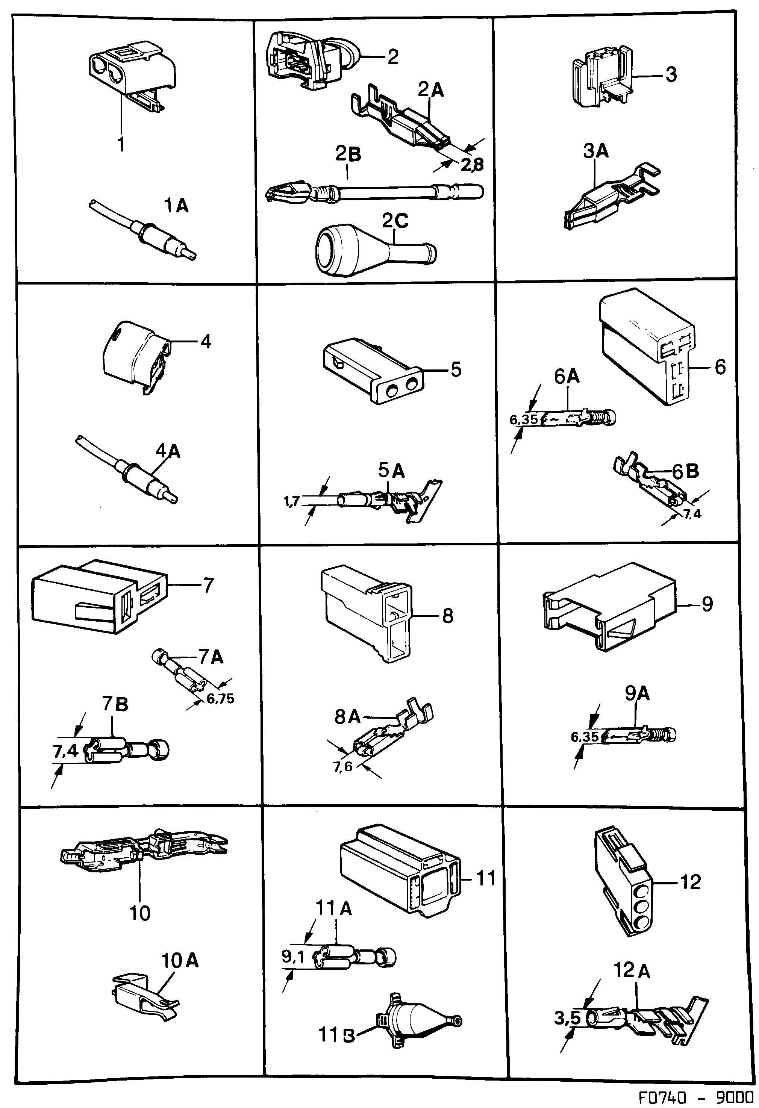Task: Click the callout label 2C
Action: click(x=395, y=222)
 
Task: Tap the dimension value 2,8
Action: click(x=472, y=165)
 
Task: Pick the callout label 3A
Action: click(x=596, y=151)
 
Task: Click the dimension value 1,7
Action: click(x=291, y=501)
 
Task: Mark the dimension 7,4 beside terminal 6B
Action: click(x=692, y=514)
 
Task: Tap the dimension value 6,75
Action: click(x=220, y=699)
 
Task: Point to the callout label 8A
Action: click(x=347, y=717)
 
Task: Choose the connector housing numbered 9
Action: click(x=610, y=615)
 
